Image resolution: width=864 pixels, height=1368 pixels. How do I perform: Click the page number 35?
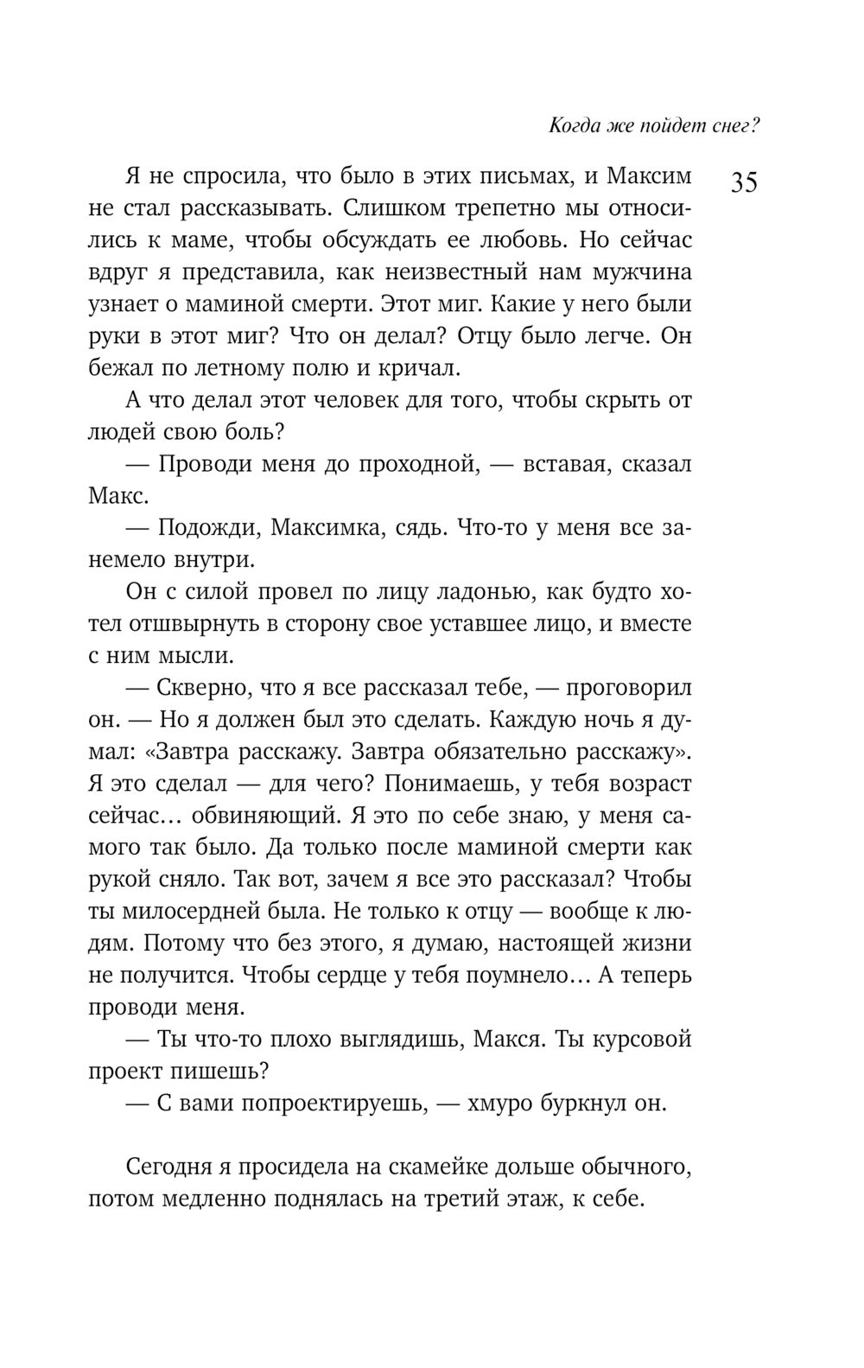(744, 184)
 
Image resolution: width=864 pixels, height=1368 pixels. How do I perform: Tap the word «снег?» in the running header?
(732, 126)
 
